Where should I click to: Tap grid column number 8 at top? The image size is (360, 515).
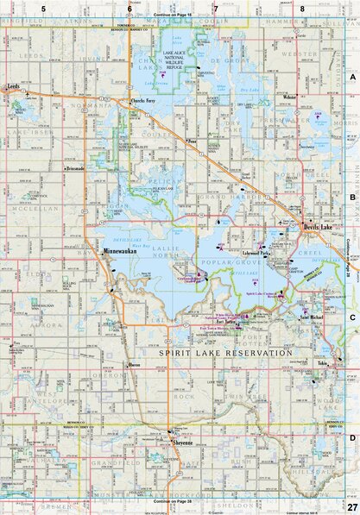(x=303, y=7)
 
